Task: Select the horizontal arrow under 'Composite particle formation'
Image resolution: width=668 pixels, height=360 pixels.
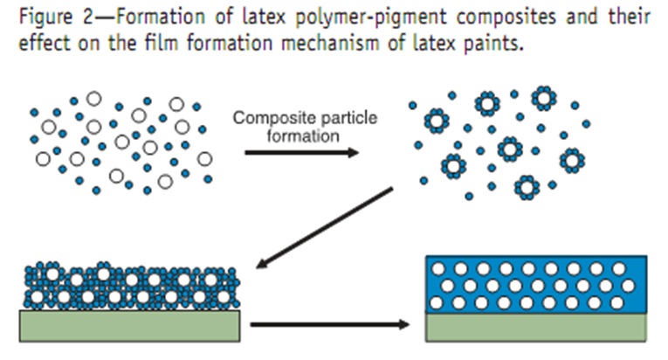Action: coord(301,152)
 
